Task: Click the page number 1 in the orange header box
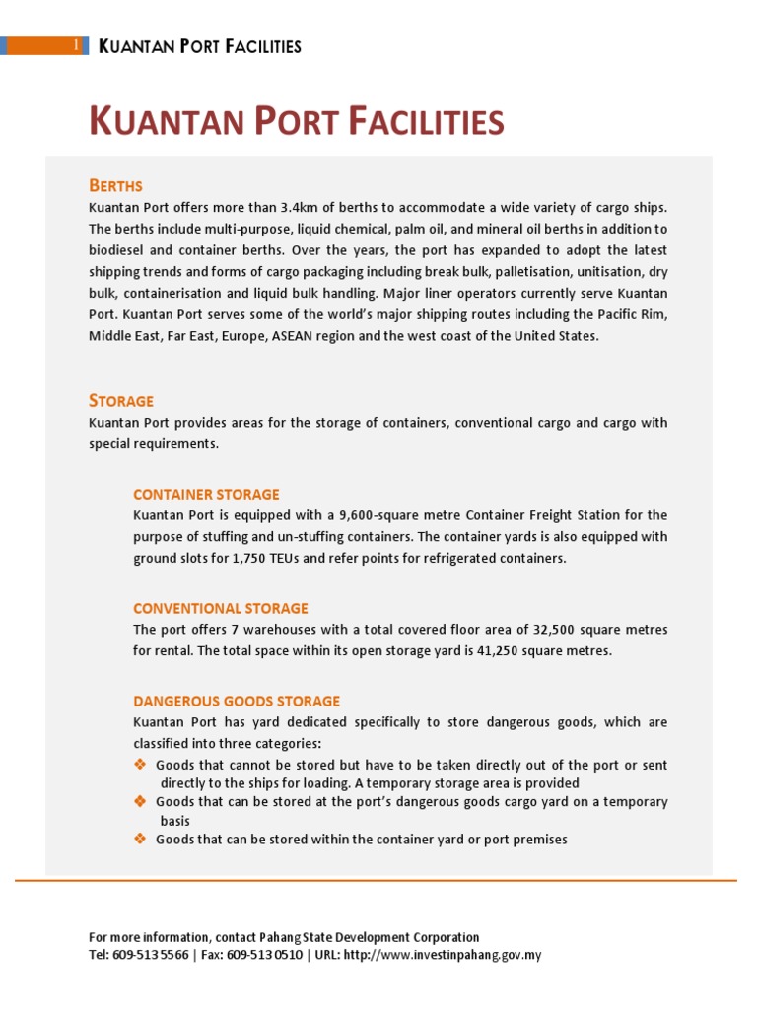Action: (77, 46)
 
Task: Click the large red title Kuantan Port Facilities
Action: (296, 122)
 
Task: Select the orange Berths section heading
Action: (115, 185)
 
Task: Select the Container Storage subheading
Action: (206, 494)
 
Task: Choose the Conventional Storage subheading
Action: (221, 608)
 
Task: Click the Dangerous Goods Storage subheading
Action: (237, 701)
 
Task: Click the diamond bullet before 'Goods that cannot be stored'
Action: (139, 765)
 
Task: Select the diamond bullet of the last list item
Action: (139, 839)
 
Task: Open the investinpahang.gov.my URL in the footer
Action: (443, 955)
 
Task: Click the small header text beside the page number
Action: (200, 46)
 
